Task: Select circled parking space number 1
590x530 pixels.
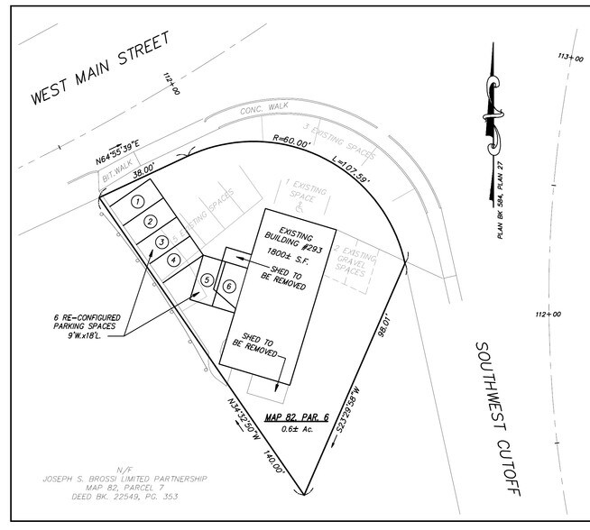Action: click(137, 201)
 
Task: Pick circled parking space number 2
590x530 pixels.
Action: click(151, 222)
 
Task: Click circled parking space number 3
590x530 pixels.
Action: click(161, 242)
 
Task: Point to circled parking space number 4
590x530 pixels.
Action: click(173, 260)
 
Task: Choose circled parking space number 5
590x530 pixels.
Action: click(207, 281)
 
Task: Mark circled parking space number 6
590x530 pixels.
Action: click(229, 287)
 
